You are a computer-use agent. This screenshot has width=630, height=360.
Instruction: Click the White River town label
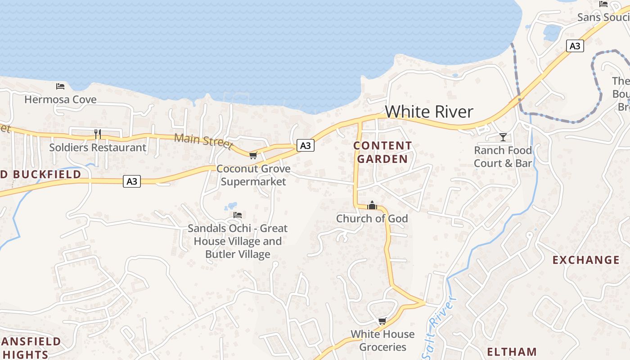click(429, 112)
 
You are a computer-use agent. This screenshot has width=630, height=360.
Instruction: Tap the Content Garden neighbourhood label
click(382, 152)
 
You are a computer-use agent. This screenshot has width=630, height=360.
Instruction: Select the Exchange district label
click(586, 260)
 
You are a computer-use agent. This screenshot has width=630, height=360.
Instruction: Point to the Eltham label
click(512, 351)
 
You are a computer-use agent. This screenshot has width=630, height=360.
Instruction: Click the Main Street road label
click(203, 140)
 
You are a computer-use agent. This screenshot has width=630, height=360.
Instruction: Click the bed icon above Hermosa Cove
click(60, 86)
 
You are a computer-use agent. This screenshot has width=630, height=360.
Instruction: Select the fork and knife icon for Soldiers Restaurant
click(97, 134)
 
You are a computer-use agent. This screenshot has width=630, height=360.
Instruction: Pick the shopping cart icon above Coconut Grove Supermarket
click(253, 155)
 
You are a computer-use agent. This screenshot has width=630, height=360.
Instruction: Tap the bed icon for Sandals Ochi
click(238, 215)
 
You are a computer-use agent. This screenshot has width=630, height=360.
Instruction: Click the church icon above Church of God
click(372, 206)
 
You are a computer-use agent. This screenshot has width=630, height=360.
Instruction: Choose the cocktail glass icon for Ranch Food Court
click(503, 137)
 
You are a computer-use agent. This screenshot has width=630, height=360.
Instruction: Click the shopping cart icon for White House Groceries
click(382, 321)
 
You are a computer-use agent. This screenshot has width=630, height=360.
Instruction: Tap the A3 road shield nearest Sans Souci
click(575, 46)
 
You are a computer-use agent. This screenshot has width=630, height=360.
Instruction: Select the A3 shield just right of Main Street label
click(305, 145)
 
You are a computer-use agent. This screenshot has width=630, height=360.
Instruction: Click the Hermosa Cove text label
click(60, 99)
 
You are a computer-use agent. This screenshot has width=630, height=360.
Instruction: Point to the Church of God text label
click(372, 219)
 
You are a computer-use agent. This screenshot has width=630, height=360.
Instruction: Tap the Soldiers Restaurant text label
click(98, 147)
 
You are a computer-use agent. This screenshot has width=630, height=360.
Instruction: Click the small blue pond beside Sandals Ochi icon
click(232, 206)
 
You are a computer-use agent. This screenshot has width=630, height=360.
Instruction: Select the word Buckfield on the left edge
click(47, 175)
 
